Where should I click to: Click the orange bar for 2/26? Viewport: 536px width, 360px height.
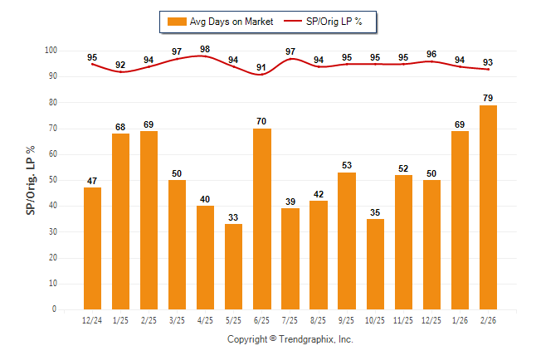488,207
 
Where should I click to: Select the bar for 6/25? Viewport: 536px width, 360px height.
262,219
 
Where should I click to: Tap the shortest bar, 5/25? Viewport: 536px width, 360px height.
234,266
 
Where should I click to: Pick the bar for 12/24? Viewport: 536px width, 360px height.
92,249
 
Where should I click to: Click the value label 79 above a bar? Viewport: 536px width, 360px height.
488,98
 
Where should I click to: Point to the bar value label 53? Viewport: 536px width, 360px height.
347,165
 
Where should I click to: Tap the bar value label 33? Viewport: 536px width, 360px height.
234,216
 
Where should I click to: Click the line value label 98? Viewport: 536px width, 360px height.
205,49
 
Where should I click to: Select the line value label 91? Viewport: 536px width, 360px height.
262,67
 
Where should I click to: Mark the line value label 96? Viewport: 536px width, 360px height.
431,55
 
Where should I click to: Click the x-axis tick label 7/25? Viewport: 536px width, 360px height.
290,319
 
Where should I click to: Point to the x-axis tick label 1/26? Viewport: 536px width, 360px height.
460,319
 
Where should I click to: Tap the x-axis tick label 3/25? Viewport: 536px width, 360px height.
177,319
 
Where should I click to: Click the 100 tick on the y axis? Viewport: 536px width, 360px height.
50,51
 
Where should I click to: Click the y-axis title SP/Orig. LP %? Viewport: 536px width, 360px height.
32,180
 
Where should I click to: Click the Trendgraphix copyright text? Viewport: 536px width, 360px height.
290,339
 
